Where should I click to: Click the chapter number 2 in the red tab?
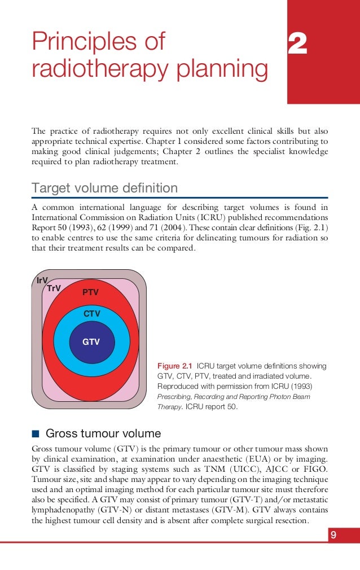(297, 44)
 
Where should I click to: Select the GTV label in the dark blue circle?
(91, 341)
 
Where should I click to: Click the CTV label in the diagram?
(91, 313)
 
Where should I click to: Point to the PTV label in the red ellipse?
(90, 292)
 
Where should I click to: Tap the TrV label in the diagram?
(54, 288)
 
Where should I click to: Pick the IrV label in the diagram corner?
(41, 280)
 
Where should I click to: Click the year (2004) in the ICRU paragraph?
(168, 228)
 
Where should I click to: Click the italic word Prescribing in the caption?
(175, 396)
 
